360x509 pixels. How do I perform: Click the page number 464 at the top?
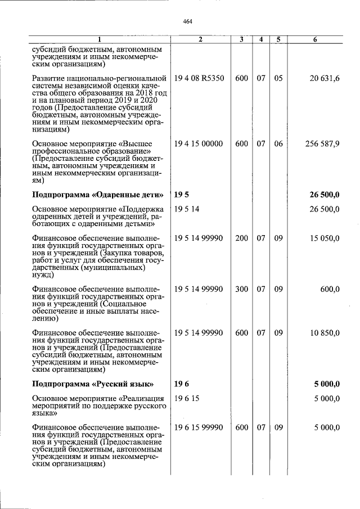pyautogui.click(x=188, y=21)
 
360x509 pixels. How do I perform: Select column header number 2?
pyautogui.click(x=200, y=39)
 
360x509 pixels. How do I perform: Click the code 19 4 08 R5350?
pyautogui.click(x=199, y=78)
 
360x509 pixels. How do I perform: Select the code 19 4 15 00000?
pyautogui.click(x=199, y=144)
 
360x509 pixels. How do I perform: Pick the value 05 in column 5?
pyautogui.click(x=278, y=78)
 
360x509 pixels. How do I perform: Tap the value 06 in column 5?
pyautogui.click(x=278, y=144)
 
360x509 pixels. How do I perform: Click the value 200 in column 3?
pyautogui.click(x=242, y=239)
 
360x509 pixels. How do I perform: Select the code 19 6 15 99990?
pyautogui.click(x=199, y=428)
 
